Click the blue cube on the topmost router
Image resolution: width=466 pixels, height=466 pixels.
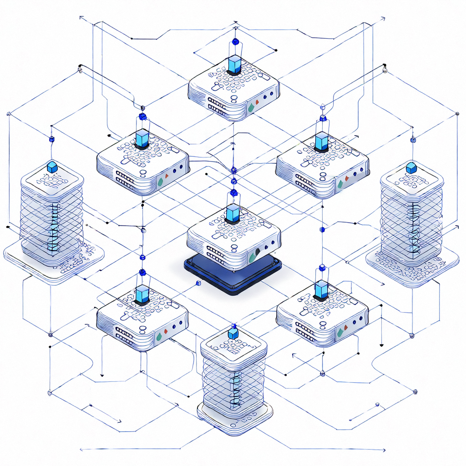pyautogui.click(x=235, y=65)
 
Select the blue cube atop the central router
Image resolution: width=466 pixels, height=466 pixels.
pyautogui.click(x=233, y=213)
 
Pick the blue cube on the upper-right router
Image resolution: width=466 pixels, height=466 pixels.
pyautogui.click(x=321, y=141)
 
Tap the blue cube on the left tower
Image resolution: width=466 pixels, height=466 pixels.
pyautogui.click(x=52, y=167)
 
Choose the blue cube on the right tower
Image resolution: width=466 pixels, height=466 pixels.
pyautogui.click(x=411, y=168)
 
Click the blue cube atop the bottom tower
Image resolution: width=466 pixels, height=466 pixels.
pyautogui.click(x=233, y=334)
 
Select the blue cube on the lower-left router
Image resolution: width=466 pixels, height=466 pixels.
pyautogui.click(x=142, y=294)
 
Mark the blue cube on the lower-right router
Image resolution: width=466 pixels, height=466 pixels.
pyautogui.click(x=321, y=290)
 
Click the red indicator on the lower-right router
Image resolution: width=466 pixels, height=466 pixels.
pyautogui.click(x=346, y=327)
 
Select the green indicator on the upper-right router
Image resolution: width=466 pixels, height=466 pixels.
pyautogui.click(x=340, y=184)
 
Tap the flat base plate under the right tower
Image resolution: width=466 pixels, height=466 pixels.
pyautogui.click(x=412, y=268)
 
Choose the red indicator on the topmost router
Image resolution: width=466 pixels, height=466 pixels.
pyautogui.click(x=258, y=102)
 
